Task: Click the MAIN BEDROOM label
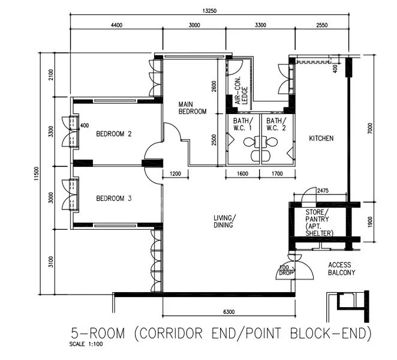(x=193, y=108)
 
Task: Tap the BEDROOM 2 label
(x=114, y=134)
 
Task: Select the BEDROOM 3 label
(x=114, y=199)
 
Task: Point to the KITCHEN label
(x=321, y=139)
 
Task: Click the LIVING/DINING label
(x=225, y=221)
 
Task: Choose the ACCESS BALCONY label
(x=339, y=268)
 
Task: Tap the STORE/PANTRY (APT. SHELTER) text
(x=319, y=223)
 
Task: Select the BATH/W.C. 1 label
(x=243, y=124)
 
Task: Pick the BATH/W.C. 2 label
(x=276, y=124)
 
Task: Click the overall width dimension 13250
(x=209, y=10)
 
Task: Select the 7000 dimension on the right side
(x=371, y=127)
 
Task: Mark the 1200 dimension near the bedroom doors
(x=176, y=173)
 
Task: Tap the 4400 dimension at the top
(x=116, y=25)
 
